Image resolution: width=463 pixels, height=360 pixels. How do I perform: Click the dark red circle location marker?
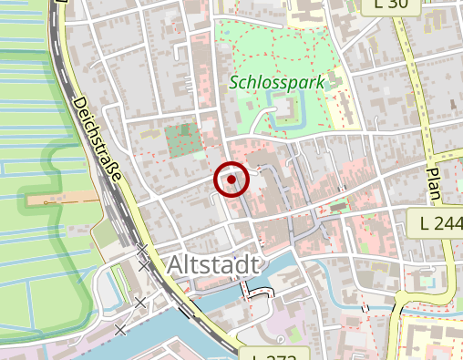coord(232,180)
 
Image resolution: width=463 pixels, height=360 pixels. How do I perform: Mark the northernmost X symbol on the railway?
coord(142,248)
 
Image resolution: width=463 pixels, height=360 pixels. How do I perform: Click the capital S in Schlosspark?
coord(235,82)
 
